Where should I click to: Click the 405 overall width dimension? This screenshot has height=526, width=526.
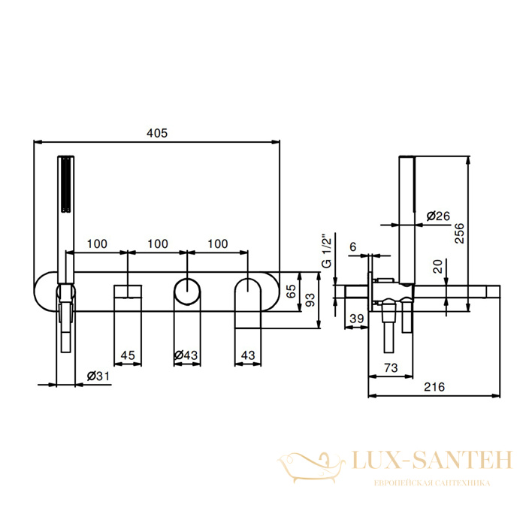[x=157, y=133]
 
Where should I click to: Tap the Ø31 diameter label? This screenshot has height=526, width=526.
[x=98, y=376]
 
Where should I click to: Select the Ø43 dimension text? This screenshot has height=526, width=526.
[x=186, y=355]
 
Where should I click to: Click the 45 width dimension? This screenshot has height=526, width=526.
[x=128, y=355]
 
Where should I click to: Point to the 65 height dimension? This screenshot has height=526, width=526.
[x=291, y=291]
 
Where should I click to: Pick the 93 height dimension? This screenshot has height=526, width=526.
[x=310, y=300]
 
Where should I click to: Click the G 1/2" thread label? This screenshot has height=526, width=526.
[x=326, y=251]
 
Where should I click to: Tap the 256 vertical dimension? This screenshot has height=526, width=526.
[x=459, y=233]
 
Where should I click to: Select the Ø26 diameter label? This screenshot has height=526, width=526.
[x=438, y=216]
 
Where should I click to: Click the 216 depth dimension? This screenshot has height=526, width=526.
[x=434, y=387]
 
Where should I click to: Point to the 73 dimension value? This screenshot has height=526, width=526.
[x=391, y=368]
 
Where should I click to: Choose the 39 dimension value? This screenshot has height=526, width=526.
[x=357, y=319]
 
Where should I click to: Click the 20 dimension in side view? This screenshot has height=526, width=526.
[x=438, y=266]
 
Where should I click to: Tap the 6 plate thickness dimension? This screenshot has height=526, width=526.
[x=353, y=247]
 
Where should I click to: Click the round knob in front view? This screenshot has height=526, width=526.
[x=187, y=292]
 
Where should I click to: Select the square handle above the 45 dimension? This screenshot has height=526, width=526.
[x=128, y=292]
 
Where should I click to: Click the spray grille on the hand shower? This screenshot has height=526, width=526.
[x=66, y=184]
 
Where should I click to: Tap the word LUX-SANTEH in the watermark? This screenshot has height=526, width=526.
[x=432, y=460]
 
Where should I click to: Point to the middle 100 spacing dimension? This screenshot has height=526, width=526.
[x=158, y=243]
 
